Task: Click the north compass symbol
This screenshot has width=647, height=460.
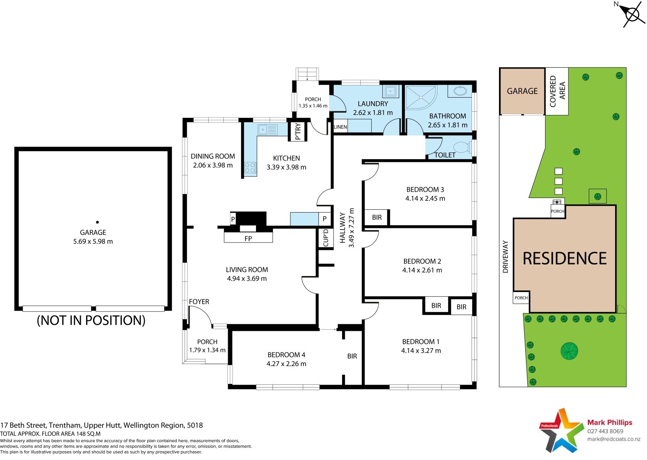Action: (632, 14)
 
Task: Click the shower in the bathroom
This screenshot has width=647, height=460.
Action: (421, 98)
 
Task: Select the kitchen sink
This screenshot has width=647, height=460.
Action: (268, 130)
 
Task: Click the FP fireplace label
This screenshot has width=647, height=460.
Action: (248, 239)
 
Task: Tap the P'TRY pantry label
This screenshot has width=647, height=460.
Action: (298, 132)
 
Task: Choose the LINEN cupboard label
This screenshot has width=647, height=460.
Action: (340, 127)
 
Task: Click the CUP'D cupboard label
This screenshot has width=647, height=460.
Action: (326, 238)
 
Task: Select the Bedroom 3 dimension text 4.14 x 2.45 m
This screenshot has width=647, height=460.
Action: (425, 198)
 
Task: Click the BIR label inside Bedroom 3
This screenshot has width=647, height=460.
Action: (377, 217)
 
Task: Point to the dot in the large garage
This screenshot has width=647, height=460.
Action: (97, 222)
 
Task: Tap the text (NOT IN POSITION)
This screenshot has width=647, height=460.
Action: (91, 320)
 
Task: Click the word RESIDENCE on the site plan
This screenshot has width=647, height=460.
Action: (565, 258)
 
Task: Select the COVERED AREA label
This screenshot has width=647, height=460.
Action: (558, 91)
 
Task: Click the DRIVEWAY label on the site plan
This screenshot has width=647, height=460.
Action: (505, 257)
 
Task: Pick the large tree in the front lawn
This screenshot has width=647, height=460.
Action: (569, 351)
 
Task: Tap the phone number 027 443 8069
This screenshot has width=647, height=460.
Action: (605, 431)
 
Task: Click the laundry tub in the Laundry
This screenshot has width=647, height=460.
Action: (391, 91)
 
